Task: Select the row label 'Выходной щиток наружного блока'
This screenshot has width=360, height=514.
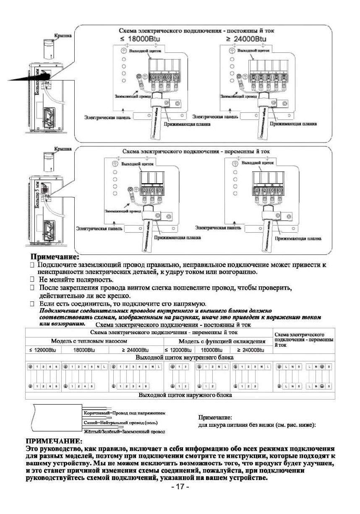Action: [185, 395]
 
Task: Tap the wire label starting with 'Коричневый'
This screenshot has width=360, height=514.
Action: [125, 413]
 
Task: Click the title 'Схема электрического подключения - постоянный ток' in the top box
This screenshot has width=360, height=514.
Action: [197, 31]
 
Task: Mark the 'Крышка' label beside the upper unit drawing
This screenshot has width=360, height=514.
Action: [63, 36]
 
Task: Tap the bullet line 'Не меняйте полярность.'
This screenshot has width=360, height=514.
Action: [76, 280]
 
